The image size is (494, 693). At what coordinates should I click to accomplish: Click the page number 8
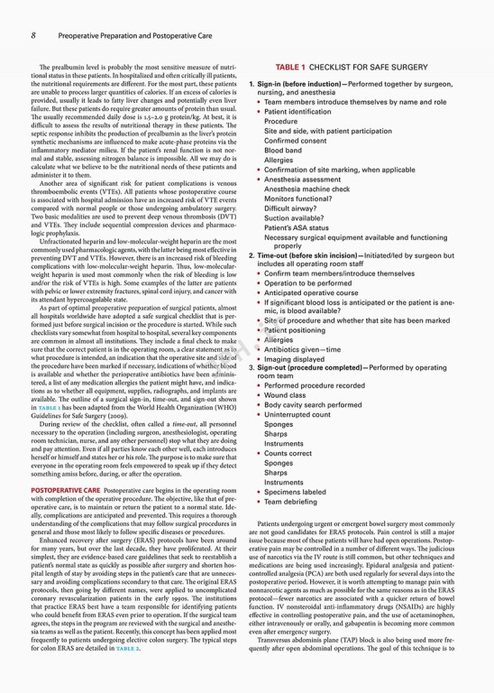(x=33, y=36)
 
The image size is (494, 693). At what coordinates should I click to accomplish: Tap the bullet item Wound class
(x=287, y=394)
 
